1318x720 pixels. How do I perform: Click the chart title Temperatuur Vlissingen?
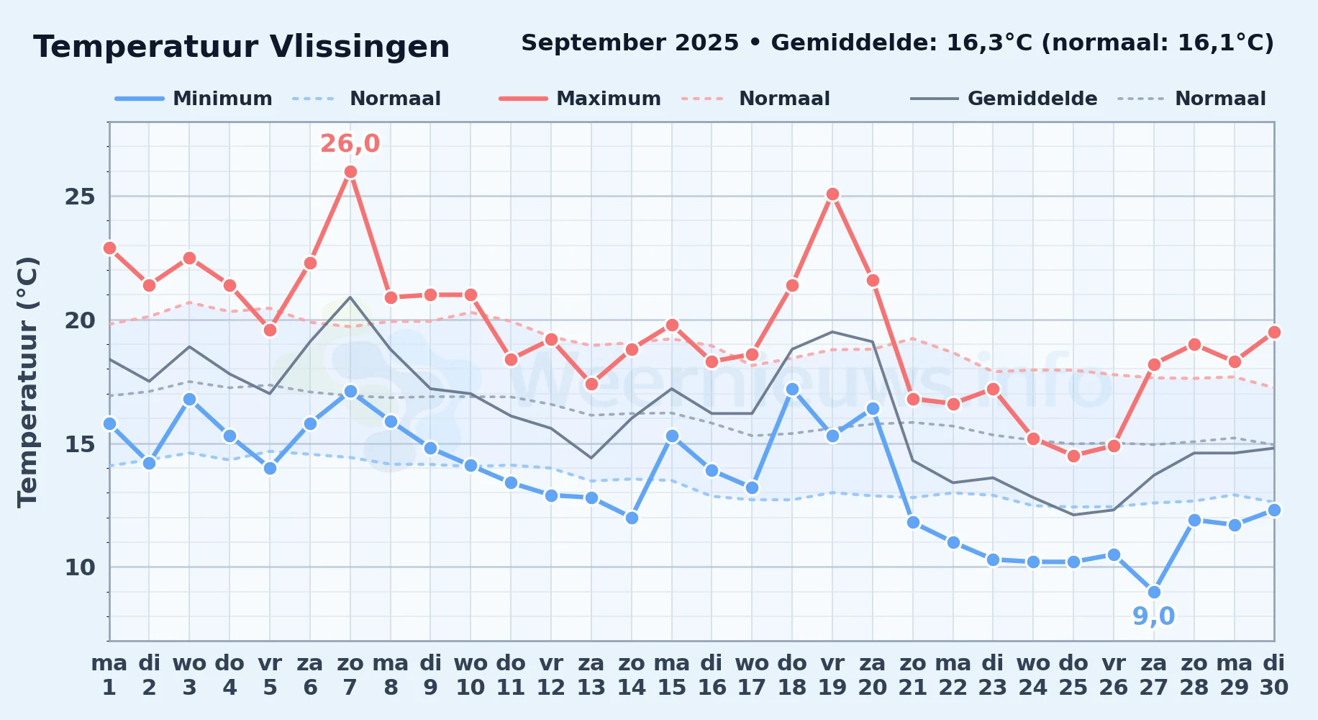[242, 47]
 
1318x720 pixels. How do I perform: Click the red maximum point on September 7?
[350, 171]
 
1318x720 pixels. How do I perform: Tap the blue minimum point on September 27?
[1154, 592]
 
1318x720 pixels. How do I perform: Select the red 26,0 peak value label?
[350, 144]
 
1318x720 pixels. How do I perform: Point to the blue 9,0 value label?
[1154, 616]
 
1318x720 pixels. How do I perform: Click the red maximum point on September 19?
[832, 194]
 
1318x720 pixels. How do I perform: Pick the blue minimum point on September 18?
[792, 389]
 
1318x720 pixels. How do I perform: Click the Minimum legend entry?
[194, 99]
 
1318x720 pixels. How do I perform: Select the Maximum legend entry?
[581, 99]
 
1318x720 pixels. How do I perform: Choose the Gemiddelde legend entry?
[1004, 99]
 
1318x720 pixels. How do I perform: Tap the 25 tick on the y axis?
[80, 197]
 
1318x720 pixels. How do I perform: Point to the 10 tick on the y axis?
[80, 567]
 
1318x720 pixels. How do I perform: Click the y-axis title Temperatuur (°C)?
[28, 382]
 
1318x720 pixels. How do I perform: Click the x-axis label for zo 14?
[632, 675]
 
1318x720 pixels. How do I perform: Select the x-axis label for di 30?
[1274, 675]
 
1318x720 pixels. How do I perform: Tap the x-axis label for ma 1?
[109, 675]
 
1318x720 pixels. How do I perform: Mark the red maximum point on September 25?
[1073, 456]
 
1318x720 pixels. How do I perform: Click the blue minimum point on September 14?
[632, 518]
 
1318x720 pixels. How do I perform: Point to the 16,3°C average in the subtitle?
[990, 43]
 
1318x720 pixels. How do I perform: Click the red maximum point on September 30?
[1274, 332]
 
